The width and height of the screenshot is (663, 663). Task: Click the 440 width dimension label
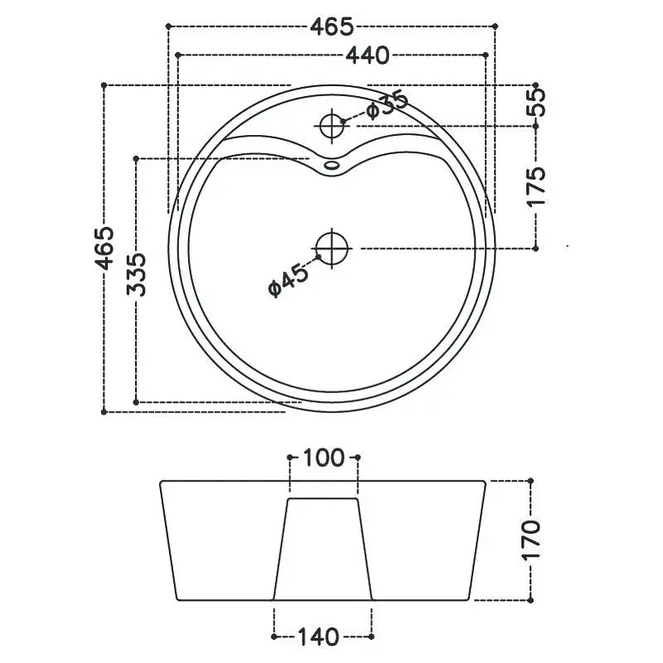click(367, 56)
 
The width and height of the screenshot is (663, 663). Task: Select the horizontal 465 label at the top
click(331, 27)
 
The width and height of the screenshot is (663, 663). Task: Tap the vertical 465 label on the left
click(104, 248)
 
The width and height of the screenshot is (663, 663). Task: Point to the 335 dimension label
click(137, 274)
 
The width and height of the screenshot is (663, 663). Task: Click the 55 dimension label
click(536, 103)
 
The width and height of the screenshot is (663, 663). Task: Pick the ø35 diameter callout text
click(387, 106)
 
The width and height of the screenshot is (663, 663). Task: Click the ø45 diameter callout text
click(288, 280)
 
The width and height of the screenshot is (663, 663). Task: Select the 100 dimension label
click(324, 458)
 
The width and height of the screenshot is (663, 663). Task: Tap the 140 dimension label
click(318, 637)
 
